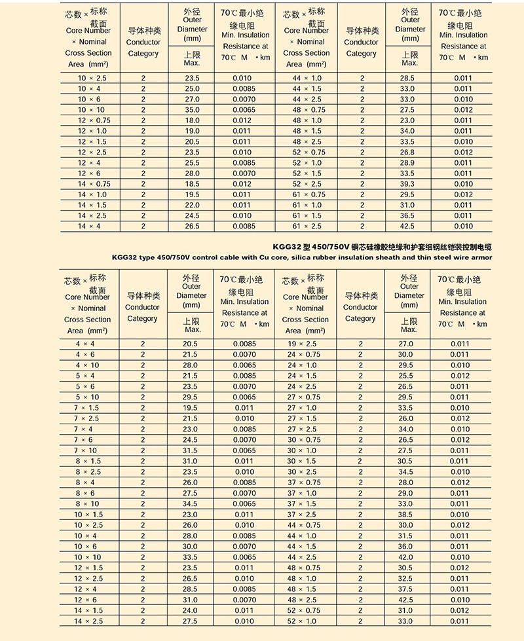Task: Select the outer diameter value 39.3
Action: point(407,184)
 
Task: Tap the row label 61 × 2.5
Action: point(307,227)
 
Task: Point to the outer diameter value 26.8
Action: point(407,152)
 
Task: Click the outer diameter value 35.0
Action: point(192,110)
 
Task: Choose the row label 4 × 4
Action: point(85,344)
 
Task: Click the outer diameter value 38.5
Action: point(406,515)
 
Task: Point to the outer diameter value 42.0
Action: point(406,557)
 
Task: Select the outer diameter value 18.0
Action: point(192,120)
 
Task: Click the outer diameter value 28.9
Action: point(407,163)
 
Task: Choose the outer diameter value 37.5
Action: point(406,589)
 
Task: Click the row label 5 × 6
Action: point(85,386)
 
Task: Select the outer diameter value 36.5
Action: point(407,215)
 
